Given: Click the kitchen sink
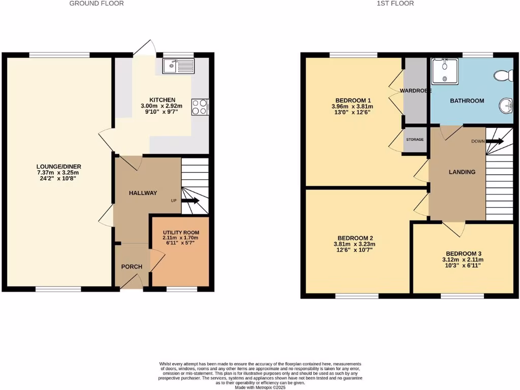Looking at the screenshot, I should pyautogui.click(x=178, y=65).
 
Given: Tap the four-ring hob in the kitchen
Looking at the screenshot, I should pyautogui.click(x=200, y=107).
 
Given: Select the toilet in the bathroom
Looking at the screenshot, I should pyautogui.click(x=504, y=76).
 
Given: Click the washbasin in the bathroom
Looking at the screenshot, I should pyautogui.click(x=506, y=106).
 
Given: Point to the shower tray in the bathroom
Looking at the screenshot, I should pyautogui.click(x=444, y=71).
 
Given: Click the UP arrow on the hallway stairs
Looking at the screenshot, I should pyautogui.click(x=190, y=201).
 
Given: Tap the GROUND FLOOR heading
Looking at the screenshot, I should pyautogui.click(x=96, y=4).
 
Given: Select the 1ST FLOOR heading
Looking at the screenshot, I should pyautogui.click(x=395, y=4).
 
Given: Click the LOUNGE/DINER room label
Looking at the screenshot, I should pyautogui.click(x=59, y=167).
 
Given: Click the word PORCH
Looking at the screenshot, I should pyautogui.click(x=132, y=267).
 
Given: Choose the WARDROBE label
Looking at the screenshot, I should pyautogui.click(x=415, y=90).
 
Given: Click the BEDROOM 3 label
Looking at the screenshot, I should pyautogui.click(x=463, y=254).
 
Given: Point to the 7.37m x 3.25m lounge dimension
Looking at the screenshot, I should pyautogui.click(x=59, y=173).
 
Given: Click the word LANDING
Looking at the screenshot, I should pyautogui.click(x=462, y=172).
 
